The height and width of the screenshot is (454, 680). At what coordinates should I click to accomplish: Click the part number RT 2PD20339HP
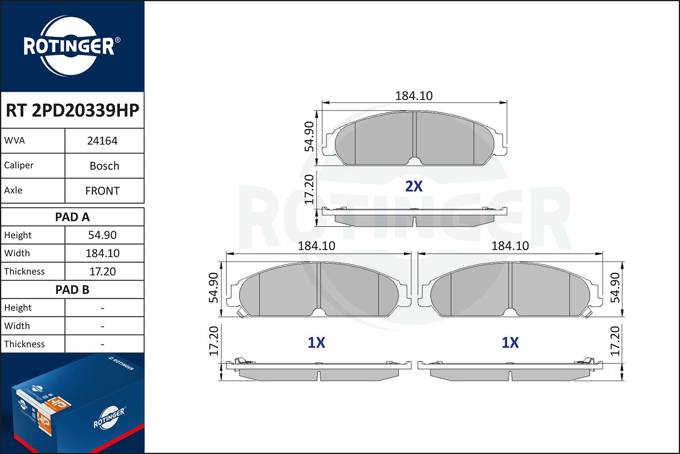(72, 110)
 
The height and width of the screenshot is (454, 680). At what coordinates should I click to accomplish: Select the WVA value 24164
(102, 141)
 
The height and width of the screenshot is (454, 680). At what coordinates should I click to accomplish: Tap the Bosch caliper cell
(104, 166)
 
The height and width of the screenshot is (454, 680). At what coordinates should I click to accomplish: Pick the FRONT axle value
(102, 191)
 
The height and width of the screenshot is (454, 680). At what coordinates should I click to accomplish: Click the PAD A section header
(72, 217)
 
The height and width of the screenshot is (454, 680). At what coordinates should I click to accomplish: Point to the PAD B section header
(72, 290)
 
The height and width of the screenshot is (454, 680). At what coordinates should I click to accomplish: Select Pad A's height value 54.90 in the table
(102, 235)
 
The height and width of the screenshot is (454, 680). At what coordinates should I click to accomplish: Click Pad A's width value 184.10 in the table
(102, 253)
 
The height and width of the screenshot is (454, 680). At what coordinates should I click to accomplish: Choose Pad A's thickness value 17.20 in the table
(102, 271)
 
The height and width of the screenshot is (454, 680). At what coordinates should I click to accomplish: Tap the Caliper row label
(19, 165)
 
